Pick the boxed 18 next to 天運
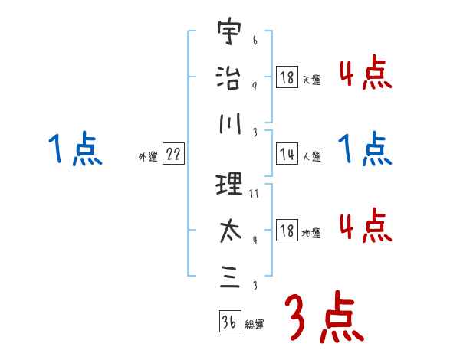pyautogui.click(x=287, y=77)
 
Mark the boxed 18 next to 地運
pyautogui.click(x=287, y=231)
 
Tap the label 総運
pyautogui.click(x=255, y=324)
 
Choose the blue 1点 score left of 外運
pyautogui.click(x=74, y=148)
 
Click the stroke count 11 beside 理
pyautogui.click(x=255, y=194)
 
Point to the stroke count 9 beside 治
pyautogui.click(x=254, y=86)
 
